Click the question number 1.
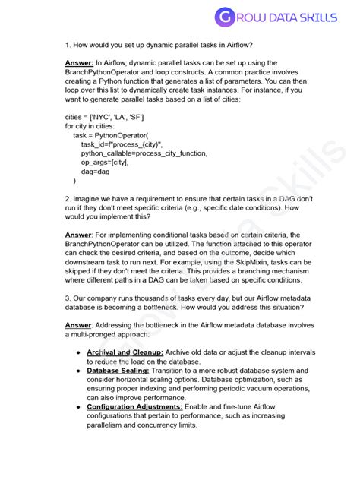(67, 46)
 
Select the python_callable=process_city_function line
(144, 153)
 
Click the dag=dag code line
(96, 171)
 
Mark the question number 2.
(67, 198)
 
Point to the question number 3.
(67, 297)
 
